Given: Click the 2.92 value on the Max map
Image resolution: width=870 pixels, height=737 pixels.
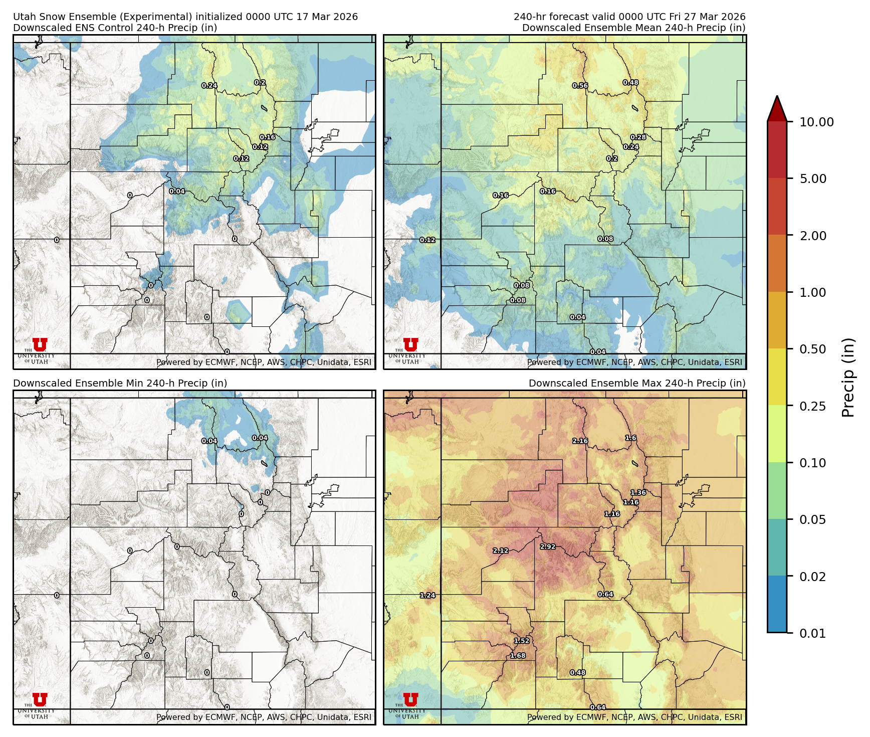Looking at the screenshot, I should (547, 546).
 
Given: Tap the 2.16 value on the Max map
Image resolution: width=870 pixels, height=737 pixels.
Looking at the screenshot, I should (580, 441).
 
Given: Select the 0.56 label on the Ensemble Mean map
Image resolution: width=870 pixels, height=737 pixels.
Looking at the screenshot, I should (580, 85).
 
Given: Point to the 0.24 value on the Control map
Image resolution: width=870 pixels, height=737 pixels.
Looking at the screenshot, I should (209, 85).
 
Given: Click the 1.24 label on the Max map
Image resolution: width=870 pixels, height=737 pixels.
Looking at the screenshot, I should (427, 595).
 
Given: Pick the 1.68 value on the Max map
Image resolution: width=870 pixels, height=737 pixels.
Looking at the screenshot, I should (517, 655).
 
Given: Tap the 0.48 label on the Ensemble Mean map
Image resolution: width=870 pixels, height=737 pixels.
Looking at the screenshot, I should (630, 82).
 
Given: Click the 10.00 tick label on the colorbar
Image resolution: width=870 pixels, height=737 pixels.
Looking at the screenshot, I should (816, 122).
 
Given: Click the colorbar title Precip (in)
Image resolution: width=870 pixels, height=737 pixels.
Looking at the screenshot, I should (847, 378).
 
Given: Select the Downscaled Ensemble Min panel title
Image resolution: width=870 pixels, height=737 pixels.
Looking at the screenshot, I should (120, 383).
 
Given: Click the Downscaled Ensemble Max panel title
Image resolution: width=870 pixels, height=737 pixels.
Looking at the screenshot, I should (636, 383).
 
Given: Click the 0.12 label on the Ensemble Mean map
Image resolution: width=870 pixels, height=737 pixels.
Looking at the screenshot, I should (427, 240).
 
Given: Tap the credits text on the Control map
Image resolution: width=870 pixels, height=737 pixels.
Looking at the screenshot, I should (264, 362).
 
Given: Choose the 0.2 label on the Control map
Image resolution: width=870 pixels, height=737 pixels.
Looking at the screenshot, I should (260, 82).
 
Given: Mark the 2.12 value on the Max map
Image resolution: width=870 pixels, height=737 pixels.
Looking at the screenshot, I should (500, 550).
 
